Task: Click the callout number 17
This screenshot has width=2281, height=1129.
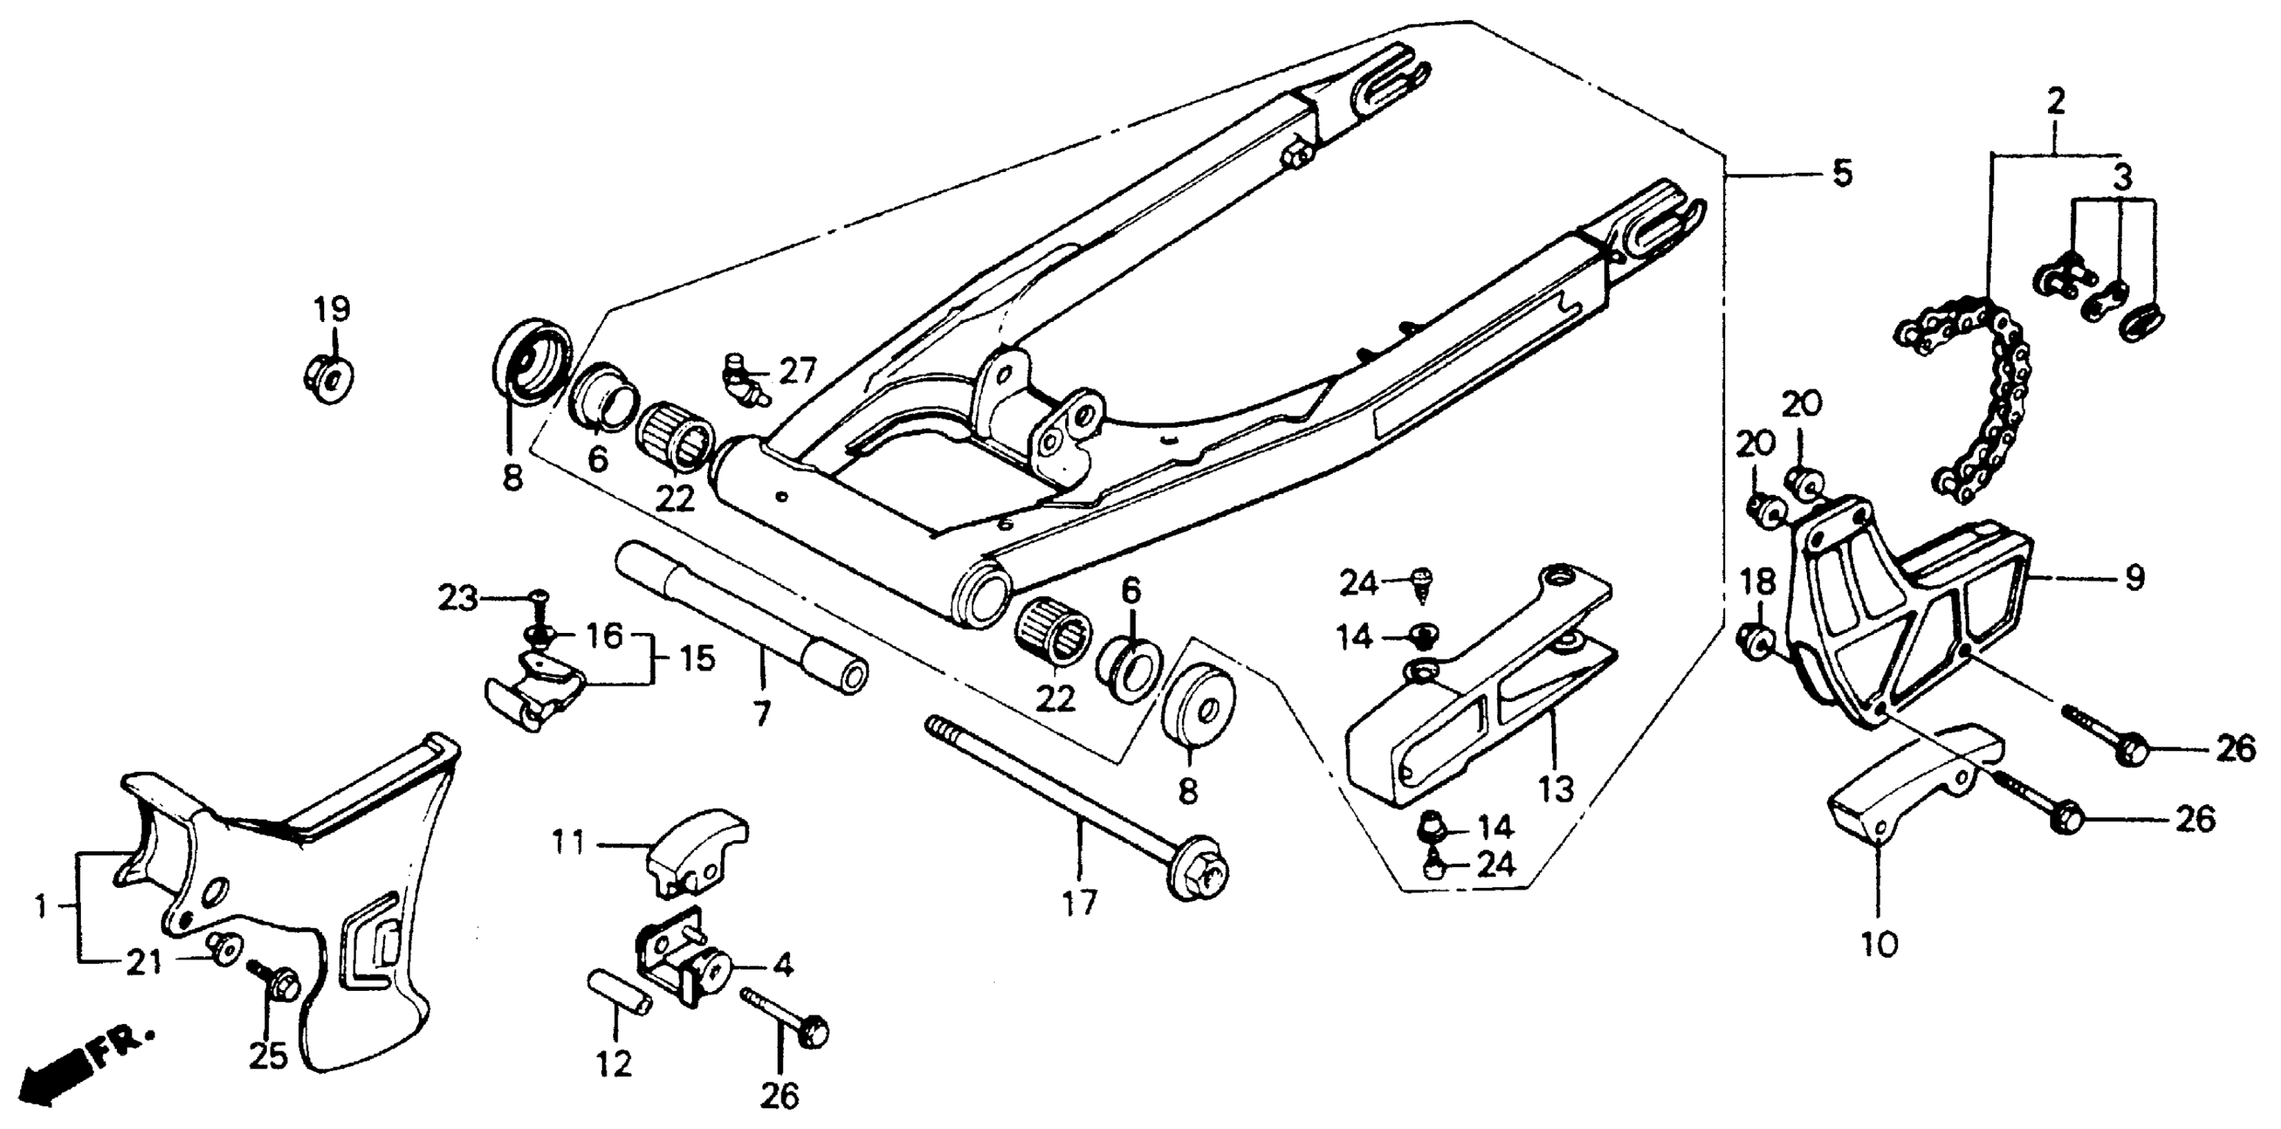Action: click(x=1079, y=903)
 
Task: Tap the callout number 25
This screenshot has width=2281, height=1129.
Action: click(x=268, y=1055)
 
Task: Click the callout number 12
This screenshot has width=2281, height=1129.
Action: click(x=614, y=1063)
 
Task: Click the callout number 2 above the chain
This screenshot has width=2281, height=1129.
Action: click(x=2055, y=103)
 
